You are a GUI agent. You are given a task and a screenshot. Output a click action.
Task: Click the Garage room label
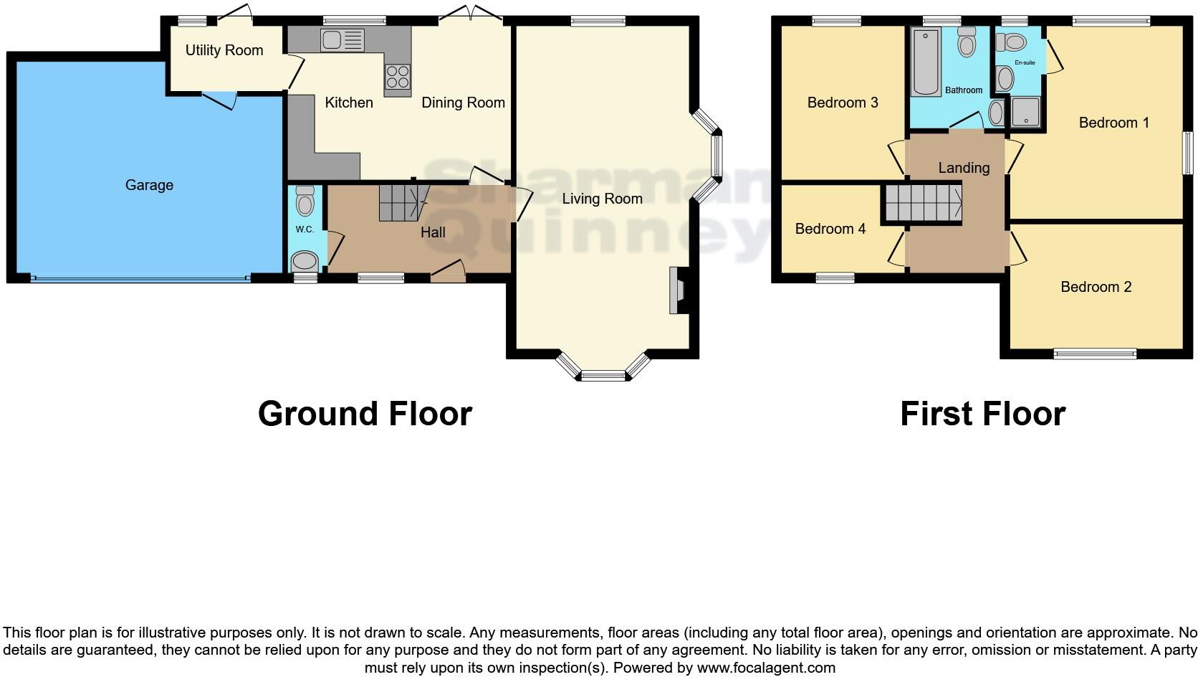(x=149, y=185)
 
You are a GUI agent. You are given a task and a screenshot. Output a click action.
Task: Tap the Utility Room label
(x=224, y=50)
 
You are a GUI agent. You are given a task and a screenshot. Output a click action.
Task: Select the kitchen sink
(x=343, y=40)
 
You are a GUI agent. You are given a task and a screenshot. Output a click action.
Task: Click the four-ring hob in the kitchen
(x=398, y=75)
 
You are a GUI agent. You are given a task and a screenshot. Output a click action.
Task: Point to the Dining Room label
(x=463, y=103)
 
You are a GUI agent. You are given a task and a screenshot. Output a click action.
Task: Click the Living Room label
(x=602, y=199)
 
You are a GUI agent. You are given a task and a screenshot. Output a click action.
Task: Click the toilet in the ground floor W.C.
(x=305, y=202)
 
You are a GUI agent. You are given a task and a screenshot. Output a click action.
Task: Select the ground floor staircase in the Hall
(x=402, y=202)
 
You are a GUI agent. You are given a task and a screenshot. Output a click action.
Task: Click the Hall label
(x=433, y=232)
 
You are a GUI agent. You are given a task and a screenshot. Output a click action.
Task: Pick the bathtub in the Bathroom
(x=926, y=62)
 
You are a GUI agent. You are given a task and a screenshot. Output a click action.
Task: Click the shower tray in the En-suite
(x=1025, y=112)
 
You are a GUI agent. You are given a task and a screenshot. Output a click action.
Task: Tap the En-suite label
(x=1025, y=62)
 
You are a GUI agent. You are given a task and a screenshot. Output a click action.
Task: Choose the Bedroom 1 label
(x=1113, y=123)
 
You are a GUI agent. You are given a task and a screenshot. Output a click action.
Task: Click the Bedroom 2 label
(x=1096, y=287)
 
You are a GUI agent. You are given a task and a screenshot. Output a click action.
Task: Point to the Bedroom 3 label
(x=843, y=103)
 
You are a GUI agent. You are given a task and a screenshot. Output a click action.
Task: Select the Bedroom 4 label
(x=830, y=229)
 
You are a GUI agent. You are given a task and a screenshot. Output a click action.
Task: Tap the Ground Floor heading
(x=365, y=414)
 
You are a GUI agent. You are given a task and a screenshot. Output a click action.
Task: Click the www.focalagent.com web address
(x=766, y=668)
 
